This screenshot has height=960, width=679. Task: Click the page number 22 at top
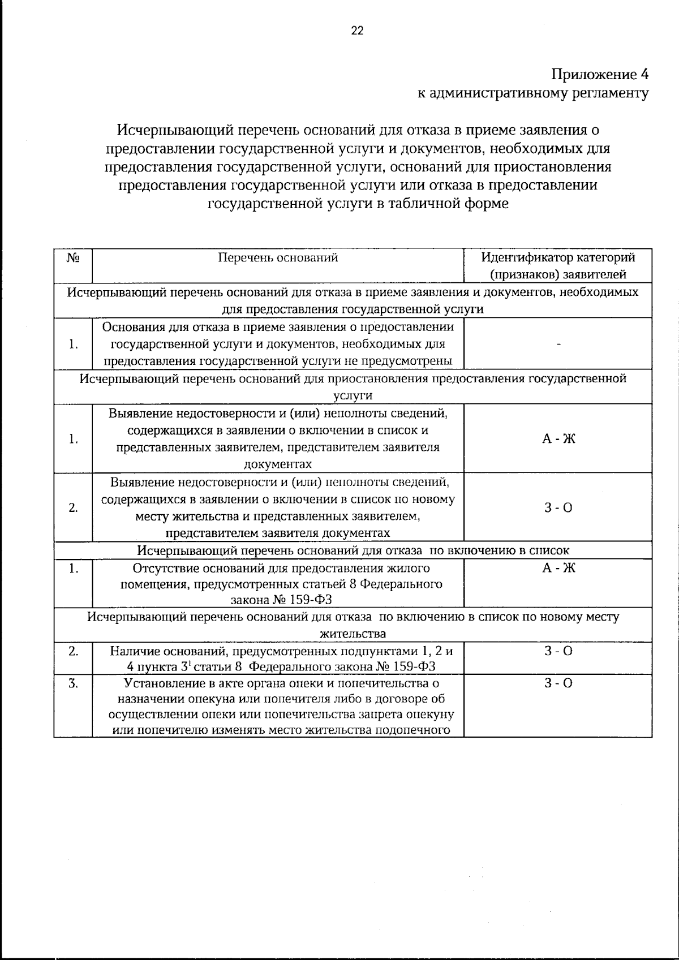[357, 31]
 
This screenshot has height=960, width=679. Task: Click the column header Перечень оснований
[278, 258]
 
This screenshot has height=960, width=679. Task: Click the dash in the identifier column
[558, 343]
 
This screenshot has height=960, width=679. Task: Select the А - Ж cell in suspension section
[558, 438]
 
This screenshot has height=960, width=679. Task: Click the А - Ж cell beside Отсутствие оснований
[558, 567]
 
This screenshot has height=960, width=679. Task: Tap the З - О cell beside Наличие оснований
[558, 651]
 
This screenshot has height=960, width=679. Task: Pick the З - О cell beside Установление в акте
[558, 683]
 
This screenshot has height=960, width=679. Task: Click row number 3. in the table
[72, 683]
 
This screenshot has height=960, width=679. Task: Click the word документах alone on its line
[277, 464]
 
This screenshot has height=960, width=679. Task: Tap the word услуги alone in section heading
[353, 395]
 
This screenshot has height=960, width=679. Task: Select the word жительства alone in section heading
[353, 633]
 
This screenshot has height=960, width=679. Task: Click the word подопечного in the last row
[412, 730]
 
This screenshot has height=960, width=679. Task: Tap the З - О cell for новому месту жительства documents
[558, 507]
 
